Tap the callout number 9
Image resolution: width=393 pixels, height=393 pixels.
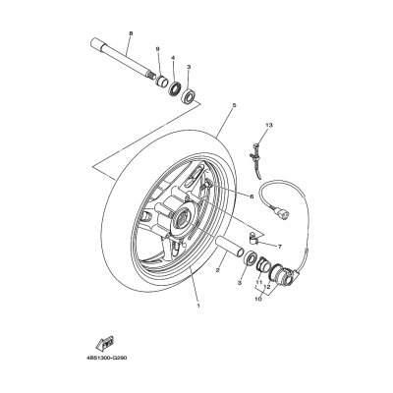coord(156,49)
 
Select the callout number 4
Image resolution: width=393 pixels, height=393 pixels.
coord(173,58)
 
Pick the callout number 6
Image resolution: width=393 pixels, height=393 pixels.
coord(251,196)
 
